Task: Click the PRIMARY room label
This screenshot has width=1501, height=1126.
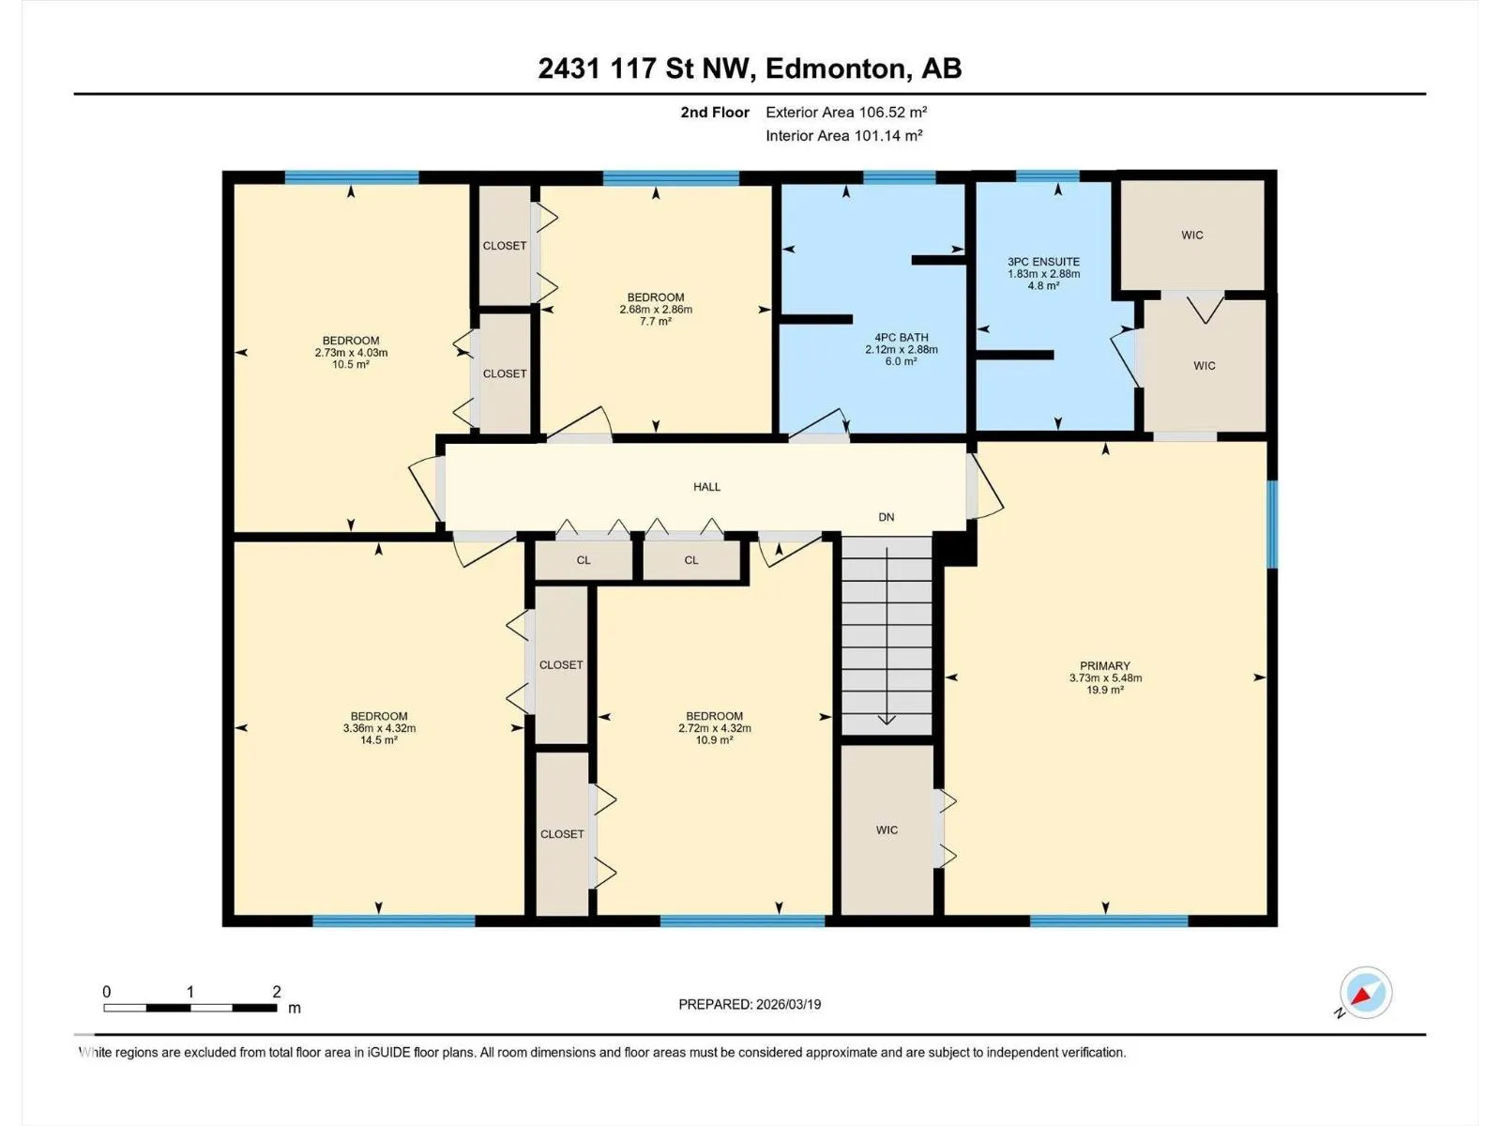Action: click(x=1105, y=665)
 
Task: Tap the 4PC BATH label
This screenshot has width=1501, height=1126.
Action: click(x=902, y=337)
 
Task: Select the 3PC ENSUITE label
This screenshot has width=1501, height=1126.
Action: click(x=1043, y=261)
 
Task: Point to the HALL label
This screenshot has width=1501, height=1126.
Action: click(x=706, y=487)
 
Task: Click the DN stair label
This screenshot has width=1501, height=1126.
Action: click(x=887, y=517)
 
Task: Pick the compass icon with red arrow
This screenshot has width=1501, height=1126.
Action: click(x=1366, y=992)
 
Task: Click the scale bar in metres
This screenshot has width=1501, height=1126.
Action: click(x=190, y=1008)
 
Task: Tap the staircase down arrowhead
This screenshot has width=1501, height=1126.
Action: click(x=887, y=719)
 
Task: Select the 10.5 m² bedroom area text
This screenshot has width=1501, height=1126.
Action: click(x=351, y=364)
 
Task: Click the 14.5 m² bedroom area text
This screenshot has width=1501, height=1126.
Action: click(x=379, y=739)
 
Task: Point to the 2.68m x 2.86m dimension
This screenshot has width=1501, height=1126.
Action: click(x=656, y=309)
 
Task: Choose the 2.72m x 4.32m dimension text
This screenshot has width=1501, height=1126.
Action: click(x=715, y=728)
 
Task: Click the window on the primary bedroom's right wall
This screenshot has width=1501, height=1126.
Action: click(x=1272, y=525)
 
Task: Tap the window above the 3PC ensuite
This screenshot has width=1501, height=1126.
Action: click(x=1047, y=176)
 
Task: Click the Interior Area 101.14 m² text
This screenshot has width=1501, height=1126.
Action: click(x=843, y=135)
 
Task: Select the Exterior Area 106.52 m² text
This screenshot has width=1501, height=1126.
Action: click(x=846, y=112)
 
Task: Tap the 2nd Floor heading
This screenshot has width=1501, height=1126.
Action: click(x=715, y=112)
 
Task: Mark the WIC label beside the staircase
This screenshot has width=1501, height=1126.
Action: click(x=887, y=830)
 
